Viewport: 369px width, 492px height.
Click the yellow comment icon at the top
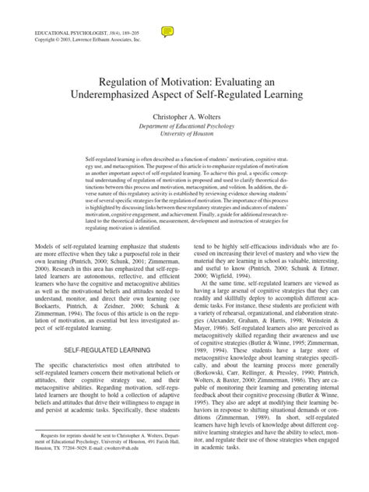tap(166, 31)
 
